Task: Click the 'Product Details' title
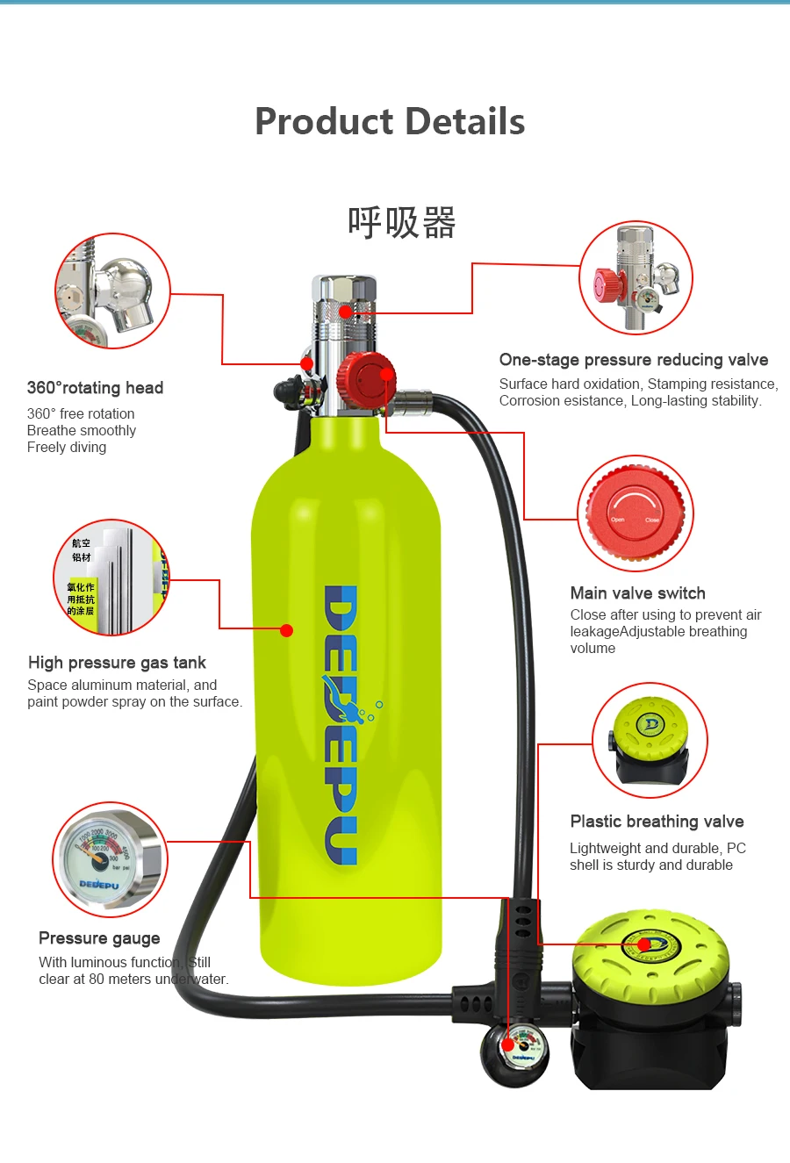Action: (390, 122)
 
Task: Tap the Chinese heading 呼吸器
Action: (402, 223)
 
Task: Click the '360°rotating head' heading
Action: (95, 388)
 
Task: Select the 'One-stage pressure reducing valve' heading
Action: (633, 360)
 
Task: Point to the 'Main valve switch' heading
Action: (637, 593)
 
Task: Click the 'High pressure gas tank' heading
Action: (117, 663)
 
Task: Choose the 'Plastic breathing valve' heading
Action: (657, 822)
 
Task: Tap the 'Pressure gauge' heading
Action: (99, 938)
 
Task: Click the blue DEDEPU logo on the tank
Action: (341, 724)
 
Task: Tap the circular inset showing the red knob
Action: (636, 513)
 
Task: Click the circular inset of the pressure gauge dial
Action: (109, 859)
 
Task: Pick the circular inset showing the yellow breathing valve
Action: (650, 740)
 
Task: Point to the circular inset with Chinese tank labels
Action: (111, 578)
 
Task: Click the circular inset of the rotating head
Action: (112, 291)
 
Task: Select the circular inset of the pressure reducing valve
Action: (636, 277)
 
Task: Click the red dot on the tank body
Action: (286, 630)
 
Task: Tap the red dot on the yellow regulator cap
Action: (644, 944)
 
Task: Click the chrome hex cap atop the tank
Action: (344, 290)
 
